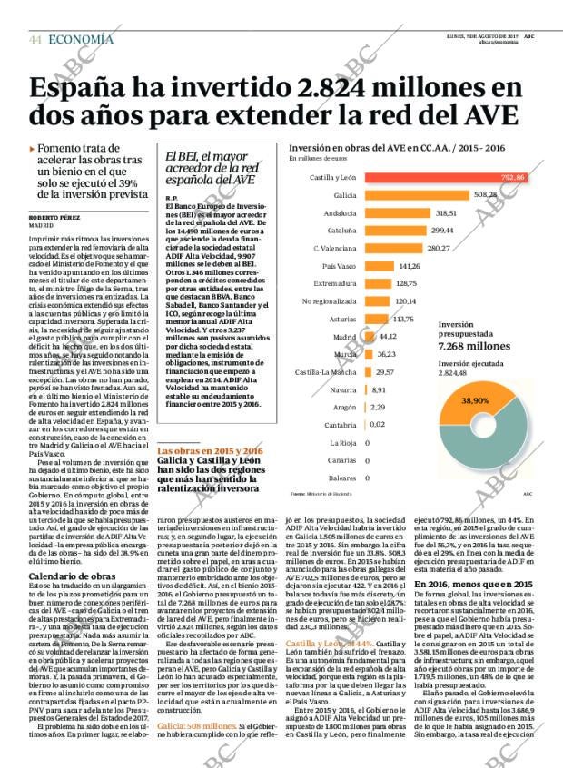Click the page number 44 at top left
(35, 39)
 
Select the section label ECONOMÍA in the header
(81, 39)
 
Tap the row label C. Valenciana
(333, 248)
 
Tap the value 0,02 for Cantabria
(378, 424)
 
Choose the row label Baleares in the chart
(341, 477)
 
